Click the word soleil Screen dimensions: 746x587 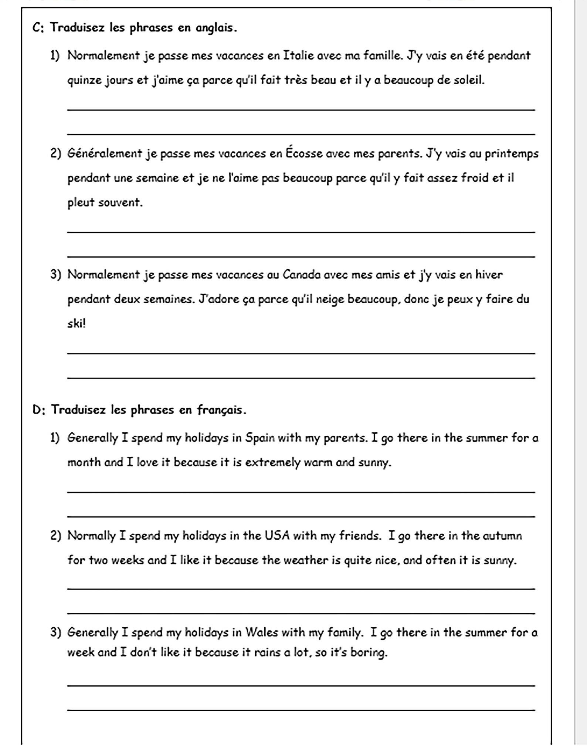tap(469, 80)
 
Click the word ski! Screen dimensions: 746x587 tap(77, 324)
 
